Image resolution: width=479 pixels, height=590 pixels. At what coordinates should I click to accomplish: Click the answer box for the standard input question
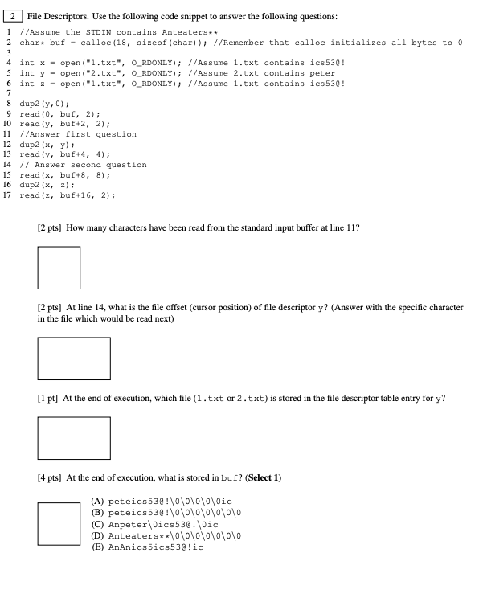[59, 268]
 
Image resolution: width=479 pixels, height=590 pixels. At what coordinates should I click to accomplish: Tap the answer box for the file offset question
[73, 359]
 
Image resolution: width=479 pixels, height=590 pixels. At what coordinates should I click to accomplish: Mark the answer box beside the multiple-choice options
[59, 523]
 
